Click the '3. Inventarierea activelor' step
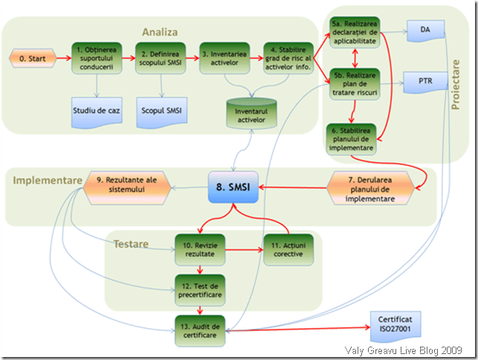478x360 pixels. [225, 57]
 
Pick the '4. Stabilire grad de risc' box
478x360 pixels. [289, 57]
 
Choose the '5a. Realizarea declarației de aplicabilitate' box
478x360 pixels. [353, 33]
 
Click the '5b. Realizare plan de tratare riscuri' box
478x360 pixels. [353, 83]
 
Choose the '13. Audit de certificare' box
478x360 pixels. [199, 330]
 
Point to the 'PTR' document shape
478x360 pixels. [424, 80]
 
